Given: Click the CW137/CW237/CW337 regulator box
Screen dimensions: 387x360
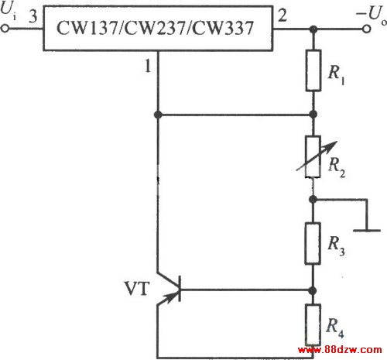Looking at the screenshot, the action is pos(158,28).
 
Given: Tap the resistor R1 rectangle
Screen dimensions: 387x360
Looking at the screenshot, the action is pos(313,70).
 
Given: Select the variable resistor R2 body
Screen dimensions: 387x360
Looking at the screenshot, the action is pos(313,156).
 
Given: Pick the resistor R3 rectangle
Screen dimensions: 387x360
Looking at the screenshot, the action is pos(313,243).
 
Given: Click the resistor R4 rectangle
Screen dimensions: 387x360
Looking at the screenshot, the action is pos(313,324).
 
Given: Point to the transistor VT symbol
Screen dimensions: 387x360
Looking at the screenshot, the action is pos(169,289).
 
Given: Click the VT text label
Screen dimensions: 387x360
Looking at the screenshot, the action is pos(137,288).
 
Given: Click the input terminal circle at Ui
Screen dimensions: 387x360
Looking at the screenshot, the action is pos(5,29).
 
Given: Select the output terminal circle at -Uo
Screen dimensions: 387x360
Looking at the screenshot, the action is pos(367,29).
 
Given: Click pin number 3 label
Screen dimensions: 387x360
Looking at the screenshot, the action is pos(33,16).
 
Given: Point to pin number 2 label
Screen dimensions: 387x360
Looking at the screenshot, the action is pos(283,15).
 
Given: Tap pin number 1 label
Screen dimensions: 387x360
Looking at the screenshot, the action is pos(148,66).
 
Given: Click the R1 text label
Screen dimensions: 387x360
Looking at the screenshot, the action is pos(337,74).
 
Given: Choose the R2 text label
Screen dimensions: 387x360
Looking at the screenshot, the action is pos(337,167).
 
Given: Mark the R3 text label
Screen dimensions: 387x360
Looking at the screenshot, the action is pos(336,246).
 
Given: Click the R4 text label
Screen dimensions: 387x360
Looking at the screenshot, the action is pos(335,327).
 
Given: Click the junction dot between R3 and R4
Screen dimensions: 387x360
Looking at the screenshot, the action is pos(313,290).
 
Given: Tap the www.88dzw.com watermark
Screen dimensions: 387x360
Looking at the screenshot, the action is pos(340,350).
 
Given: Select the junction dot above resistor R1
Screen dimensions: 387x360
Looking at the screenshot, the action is pos(313,29).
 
